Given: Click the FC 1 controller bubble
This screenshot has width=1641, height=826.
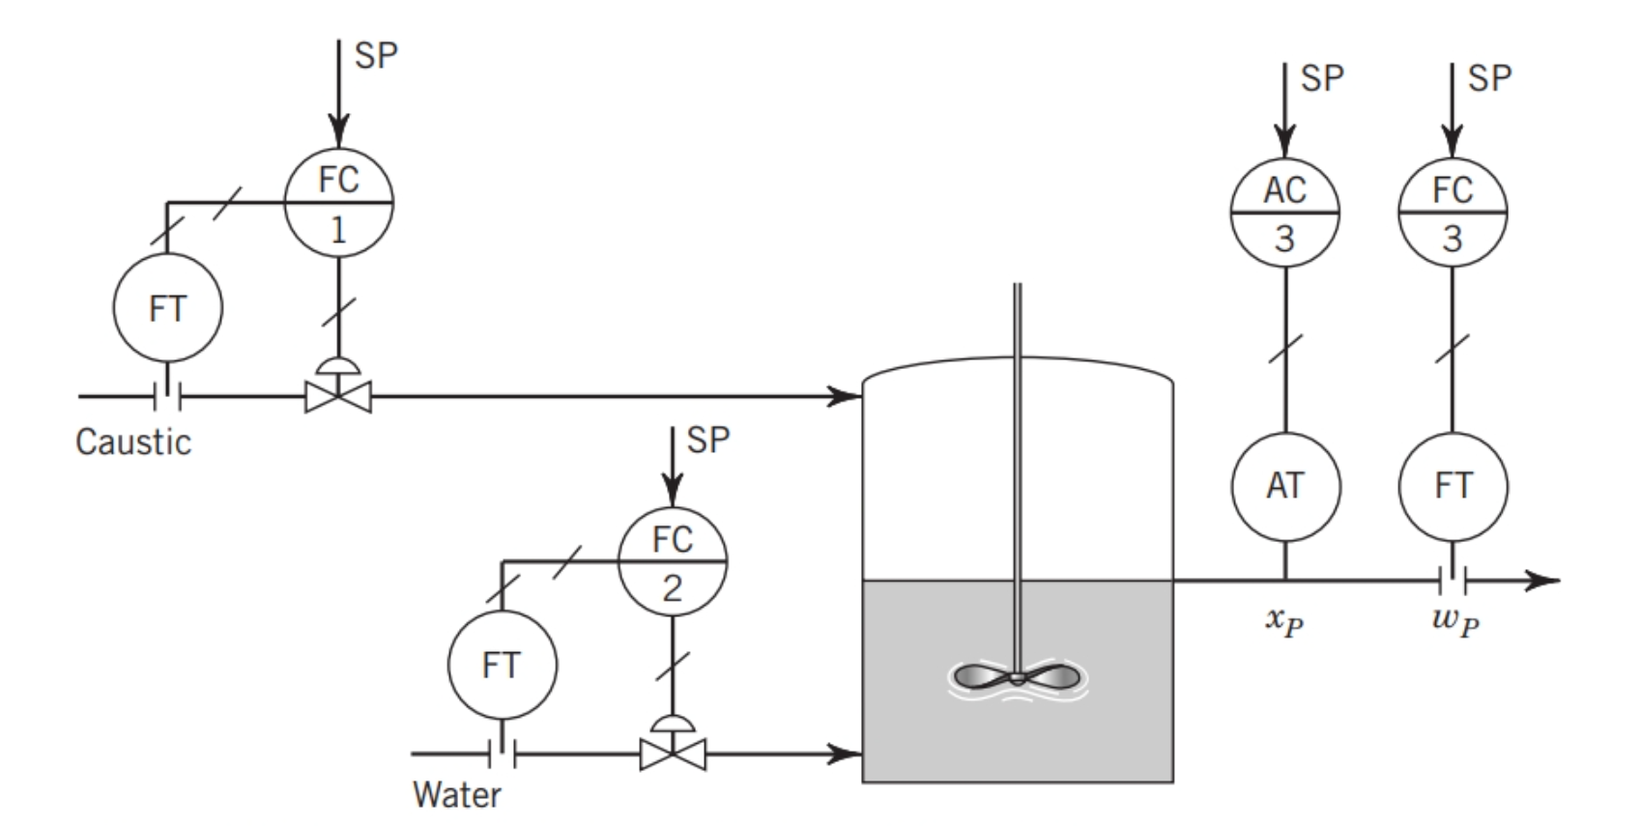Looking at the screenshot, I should [338, 203].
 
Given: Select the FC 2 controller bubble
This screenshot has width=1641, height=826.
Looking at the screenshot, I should [672, 561].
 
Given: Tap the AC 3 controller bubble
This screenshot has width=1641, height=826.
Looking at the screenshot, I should [1284, 212].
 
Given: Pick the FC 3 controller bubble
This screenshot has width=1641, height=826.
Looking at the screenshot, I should [1453, 212].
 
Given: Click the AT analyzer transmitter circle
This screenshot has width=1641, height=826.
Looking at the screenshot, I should [1285, 485].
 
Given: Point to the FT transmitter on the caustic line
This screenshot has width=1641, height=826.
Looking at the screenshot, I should [167, 308].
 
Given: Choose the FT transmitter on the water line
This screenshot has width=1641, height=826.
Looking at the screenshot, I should [502, 665].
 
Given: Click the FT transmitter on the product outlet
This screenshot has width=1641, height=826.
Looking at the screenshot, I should [1453, 485].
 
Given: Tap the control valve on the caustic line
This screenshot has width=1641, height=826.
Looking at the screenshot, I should [338, 395].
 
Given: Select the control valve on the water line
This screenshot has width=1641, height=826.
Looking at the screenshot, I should [673, 753].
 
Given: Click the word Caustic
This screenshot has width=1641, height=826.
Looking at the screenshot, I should [133, 442].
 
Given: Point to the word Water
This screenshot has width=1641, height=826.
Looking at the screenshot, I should [457, 795].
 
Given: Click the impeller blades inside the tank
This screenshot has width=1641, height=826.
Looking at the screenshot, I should [1018, 677].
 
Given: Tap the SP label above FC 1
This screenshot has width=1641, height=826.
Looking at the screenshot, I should [376, 56].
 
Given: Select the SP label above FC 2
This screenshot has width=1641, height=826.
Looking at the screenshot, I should [708, 441].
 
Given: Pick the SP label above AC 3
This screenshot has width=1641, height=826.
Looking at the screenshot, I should [1322, 78].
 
